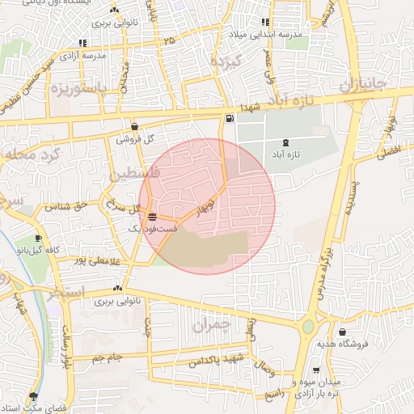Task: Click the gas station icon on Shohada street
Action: click(231, 120)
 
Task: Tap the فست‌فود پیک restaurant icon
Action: click(153, 216)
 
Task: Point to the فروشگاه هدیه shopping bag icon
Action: click(343, 332)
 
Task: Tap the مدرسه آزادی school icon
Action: click(82, 43)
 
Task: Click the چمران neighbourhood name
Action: click(212, 325)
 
